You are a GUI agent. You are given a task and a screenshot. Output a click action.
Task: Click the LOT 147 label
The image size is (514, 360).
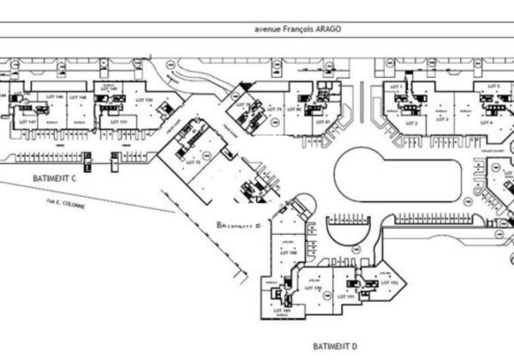coord(26,122)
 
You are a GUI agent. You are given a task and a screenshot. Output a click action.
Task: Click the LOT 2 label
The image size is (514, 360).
coord(411,123)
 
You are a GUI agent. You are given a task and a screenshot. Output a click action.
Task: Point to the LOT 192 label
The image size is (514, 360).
coord(394,282)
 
